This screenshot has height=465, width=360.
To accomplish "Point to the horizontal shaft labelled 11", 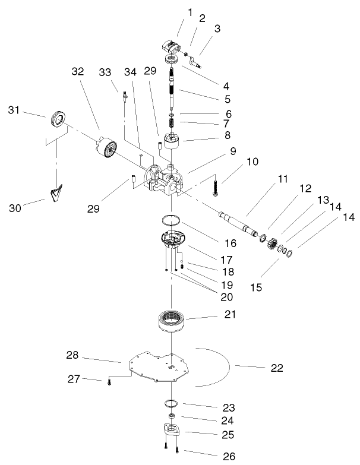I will (x=238, y=224).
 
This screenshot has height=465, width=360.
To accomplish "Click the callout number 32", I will (x=78, y=70).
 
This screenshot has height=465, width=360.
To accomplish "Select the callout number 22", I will (x=276, y=368).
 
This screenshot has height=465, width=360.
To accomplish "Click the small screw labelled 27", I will (x=109, y=382).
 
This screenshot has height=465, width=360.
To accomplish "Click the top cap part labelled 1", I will (x=170, y=48).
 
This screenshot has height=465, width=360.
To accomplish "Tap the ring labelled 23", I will (x=171, y=404).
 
